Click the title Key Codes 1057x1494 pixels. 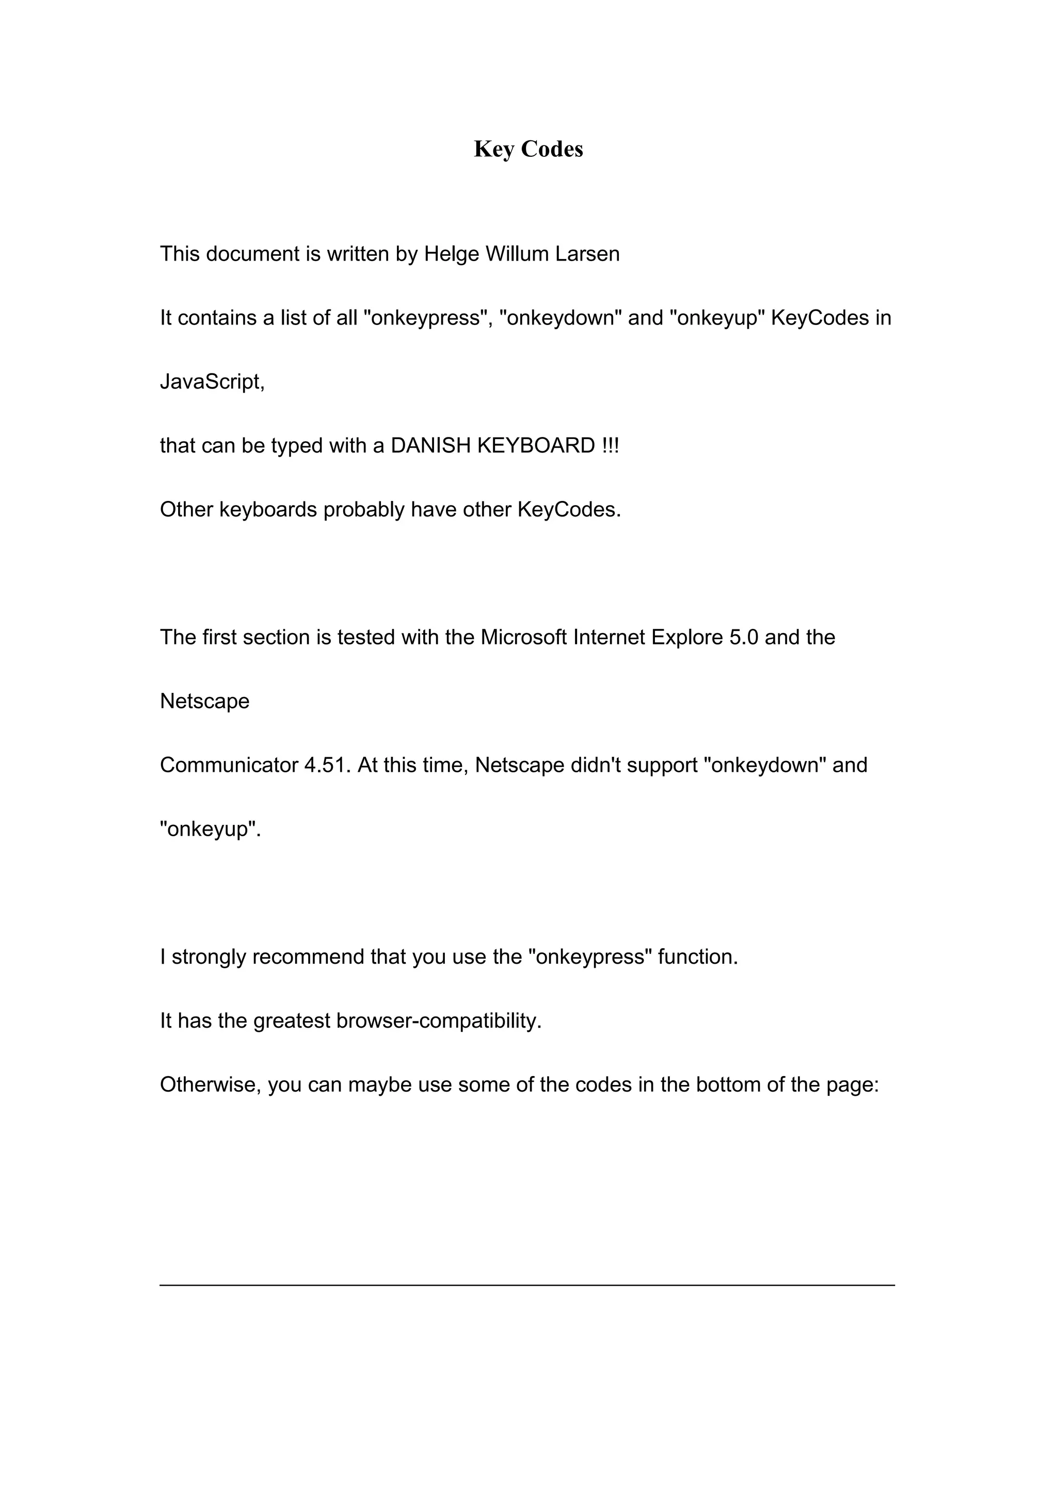coord(528,149)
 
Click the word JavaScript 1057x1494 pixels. coord(211,382)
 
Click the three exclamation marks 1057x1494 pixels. coord(611,446)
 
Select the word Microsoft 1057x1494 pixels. coord(523,637)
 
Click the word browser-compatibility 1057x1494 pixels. coord(438,1021)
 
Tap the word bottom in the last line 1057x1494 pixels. coord(728,1085)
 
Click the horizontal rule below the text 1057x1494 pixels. coord(527,1285)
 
